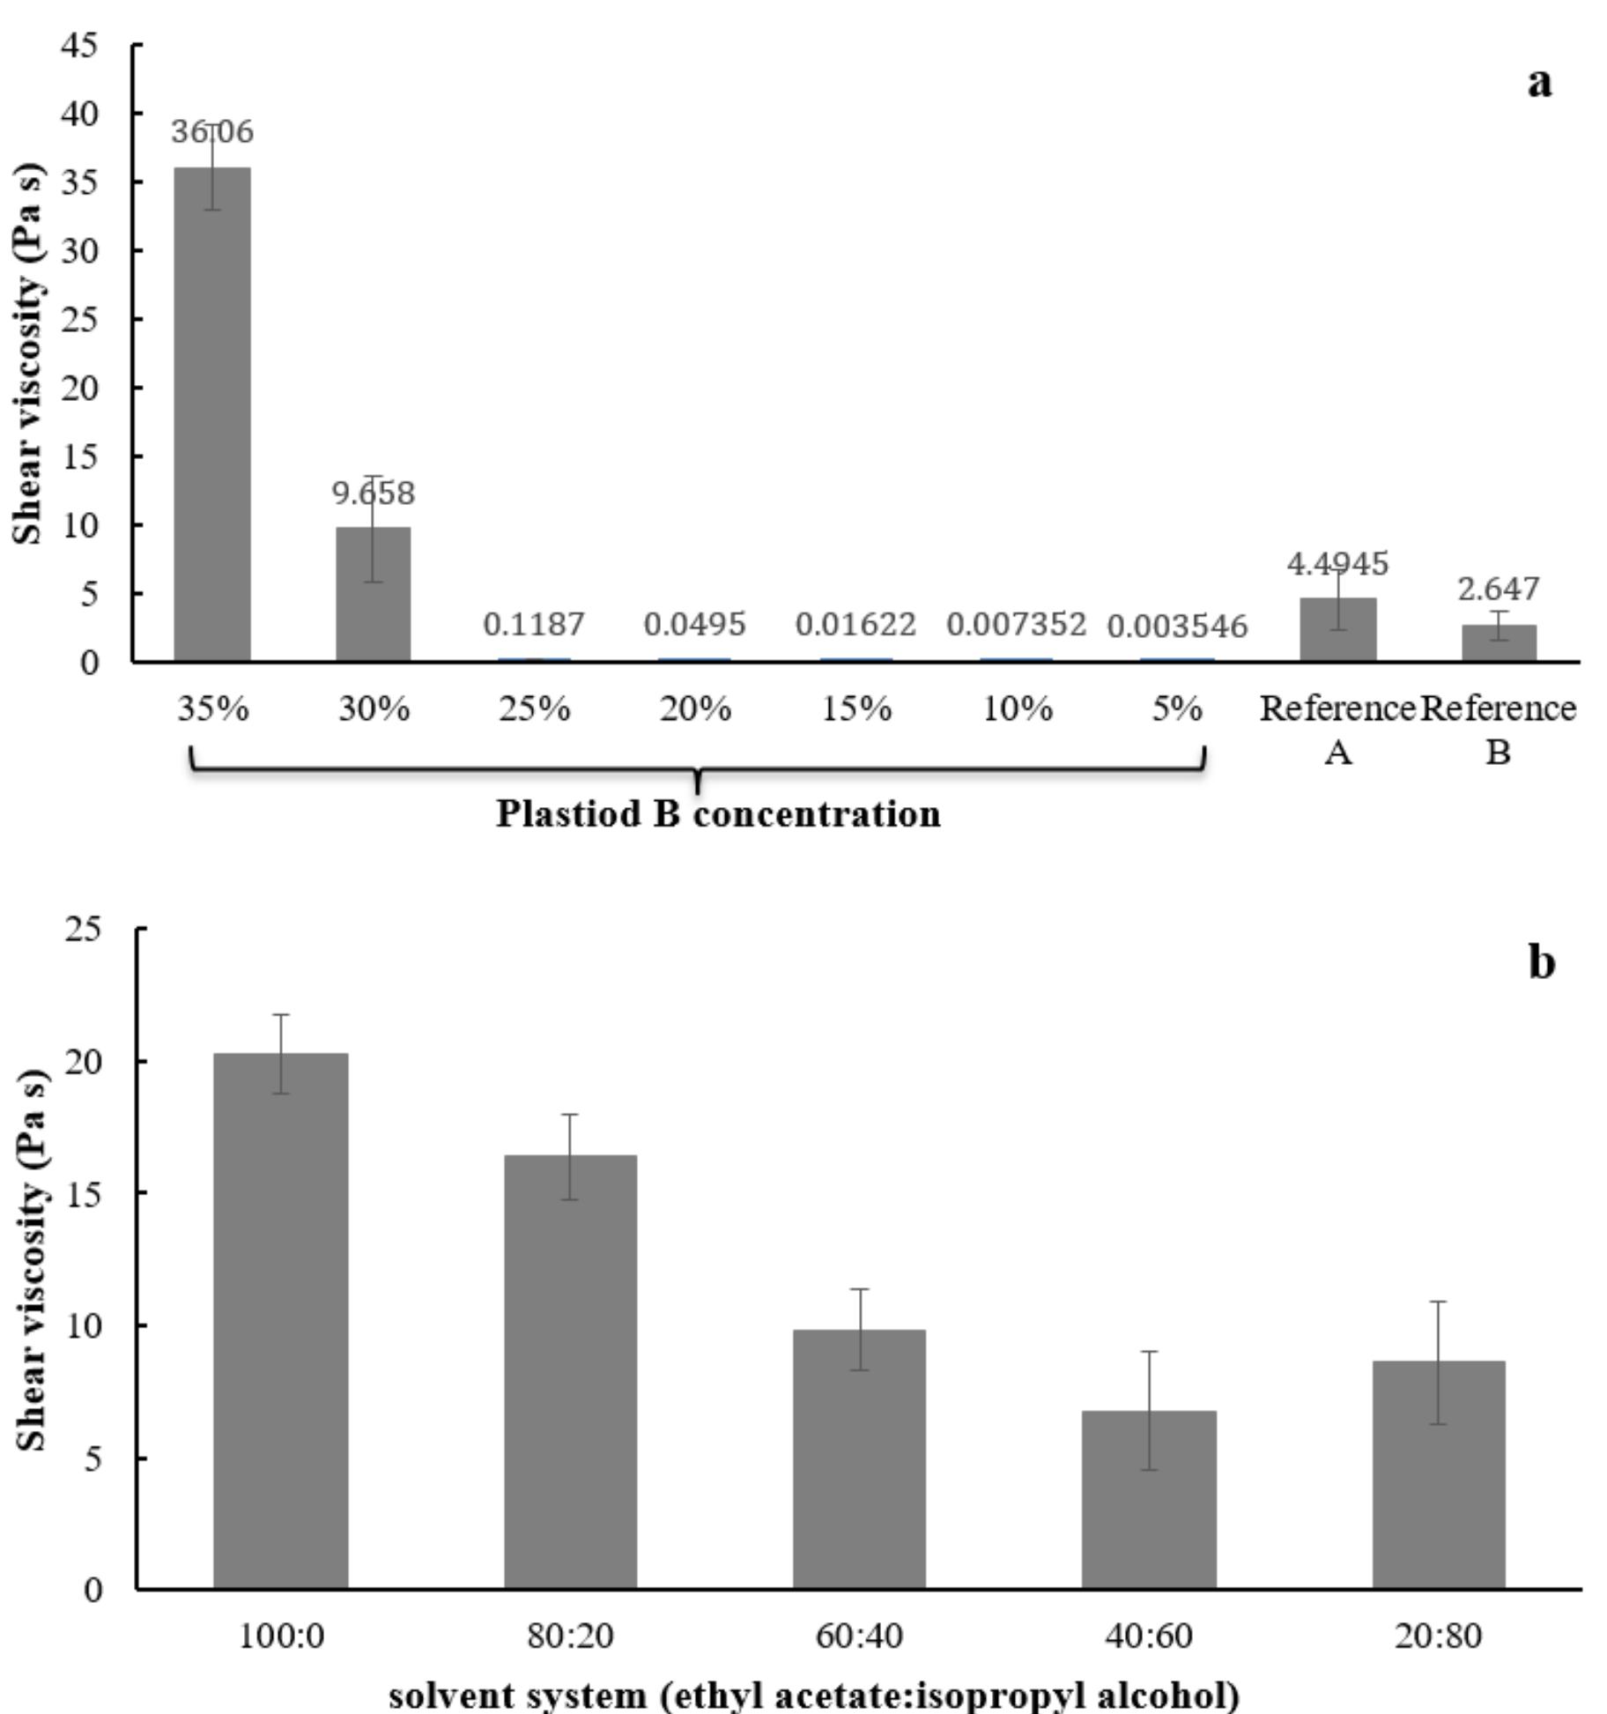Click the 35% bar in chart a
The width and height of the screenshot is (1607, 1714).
click(211, 414)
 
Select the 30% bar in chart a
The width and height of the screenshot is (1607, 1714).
click(373, 594)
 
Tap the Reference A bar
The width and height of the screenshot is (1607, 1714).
click(1337, 629)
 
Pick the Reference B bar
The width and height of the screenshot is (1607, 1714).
click(1499, 642)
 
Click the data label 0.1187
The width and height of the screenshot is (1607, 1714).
click(534, 624)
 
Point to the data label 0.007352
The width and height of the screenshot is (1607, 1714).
click(1016, 624)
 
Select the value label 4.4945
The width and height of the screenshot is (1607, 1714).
click(1337, 563)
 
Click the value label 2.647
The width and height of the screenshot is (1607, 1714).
click(1498, 588)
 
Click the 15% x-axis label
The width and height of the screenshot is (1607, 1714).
click(856, 709)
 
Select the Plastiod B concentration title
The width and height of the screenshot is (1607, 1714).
click(718, 813)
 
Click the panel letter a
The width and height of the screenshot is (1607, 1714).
click(1538, 83)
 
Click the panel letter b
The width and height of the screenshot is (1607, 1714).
click(1541, 962)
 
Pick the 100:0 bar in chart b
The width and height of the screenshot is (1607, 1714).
click(280, 1322)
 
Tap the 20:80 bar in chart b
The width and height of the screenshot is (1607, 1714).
click(1438, 1475)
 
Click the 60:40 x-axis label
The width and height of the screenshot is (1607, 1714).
click(859, 1636)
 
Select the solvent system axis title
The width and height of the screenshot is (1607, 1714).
click(814, 1695)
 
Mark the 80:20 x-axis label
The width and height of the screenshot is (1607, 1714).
click(570, 1636)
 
